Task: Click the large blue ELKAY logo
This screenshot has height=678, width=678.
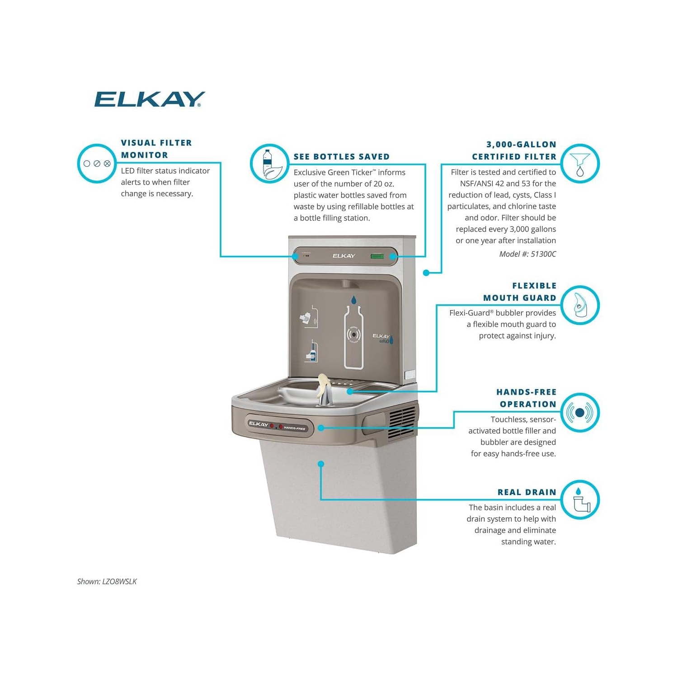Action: click(x=149, y=99)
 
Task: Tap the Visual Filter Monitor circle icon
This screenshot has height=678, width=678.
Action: click(x=97, y=164)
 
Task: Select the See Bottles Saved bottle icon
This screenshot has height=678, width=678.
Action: click(x=269, y=164)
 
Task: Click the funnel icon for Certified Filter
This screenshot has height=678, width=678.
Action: click(x=580, y=164)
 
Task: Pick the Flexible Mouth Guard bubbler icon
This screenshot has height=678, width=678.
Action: click(x=580, y=305)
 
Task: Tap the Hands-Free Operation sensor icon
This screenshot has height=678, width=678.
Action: click(x=580, y=412)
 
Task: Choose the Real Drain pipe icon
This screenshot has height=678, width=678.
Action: click(x=580, y=499)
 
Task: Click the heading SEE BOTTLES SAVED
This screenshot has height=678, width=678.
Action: click(x=341, y=157)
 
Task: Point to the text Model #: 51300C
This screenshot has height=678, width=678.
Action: click(x=527, y=254)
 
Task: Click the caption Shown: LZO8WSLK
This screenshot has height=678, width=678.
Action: click(x=107, y=582)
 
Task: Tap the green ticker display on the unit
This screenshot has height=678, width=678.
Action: click(x=377, y=256)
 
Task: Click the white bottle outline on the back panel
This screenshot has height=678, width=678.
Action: click(x=353, y=337)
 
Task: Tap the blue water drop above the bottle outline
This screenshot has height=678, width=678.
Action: click(x=353, y=299)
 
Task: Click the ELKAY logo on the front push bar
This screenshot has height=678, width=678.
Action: click(x=258, y=424)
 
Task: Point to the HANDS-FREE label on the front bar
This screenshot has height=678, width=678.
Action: click(x=295, y=428)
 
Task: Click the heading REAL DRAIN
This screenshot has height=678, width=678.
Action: click(x=527, y=492)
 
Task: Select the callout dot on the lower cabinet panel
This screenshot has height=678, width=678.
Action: click(x=321, y=464)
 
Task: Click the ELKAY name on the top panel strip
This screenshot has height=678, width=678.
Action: click(x=344, y=256)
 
